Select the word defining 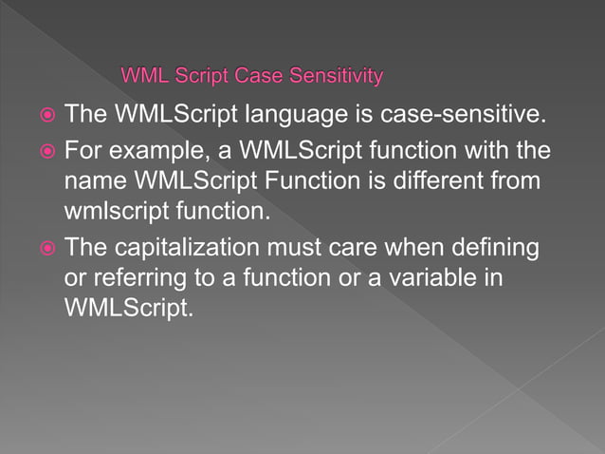(x=494, y=249)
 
